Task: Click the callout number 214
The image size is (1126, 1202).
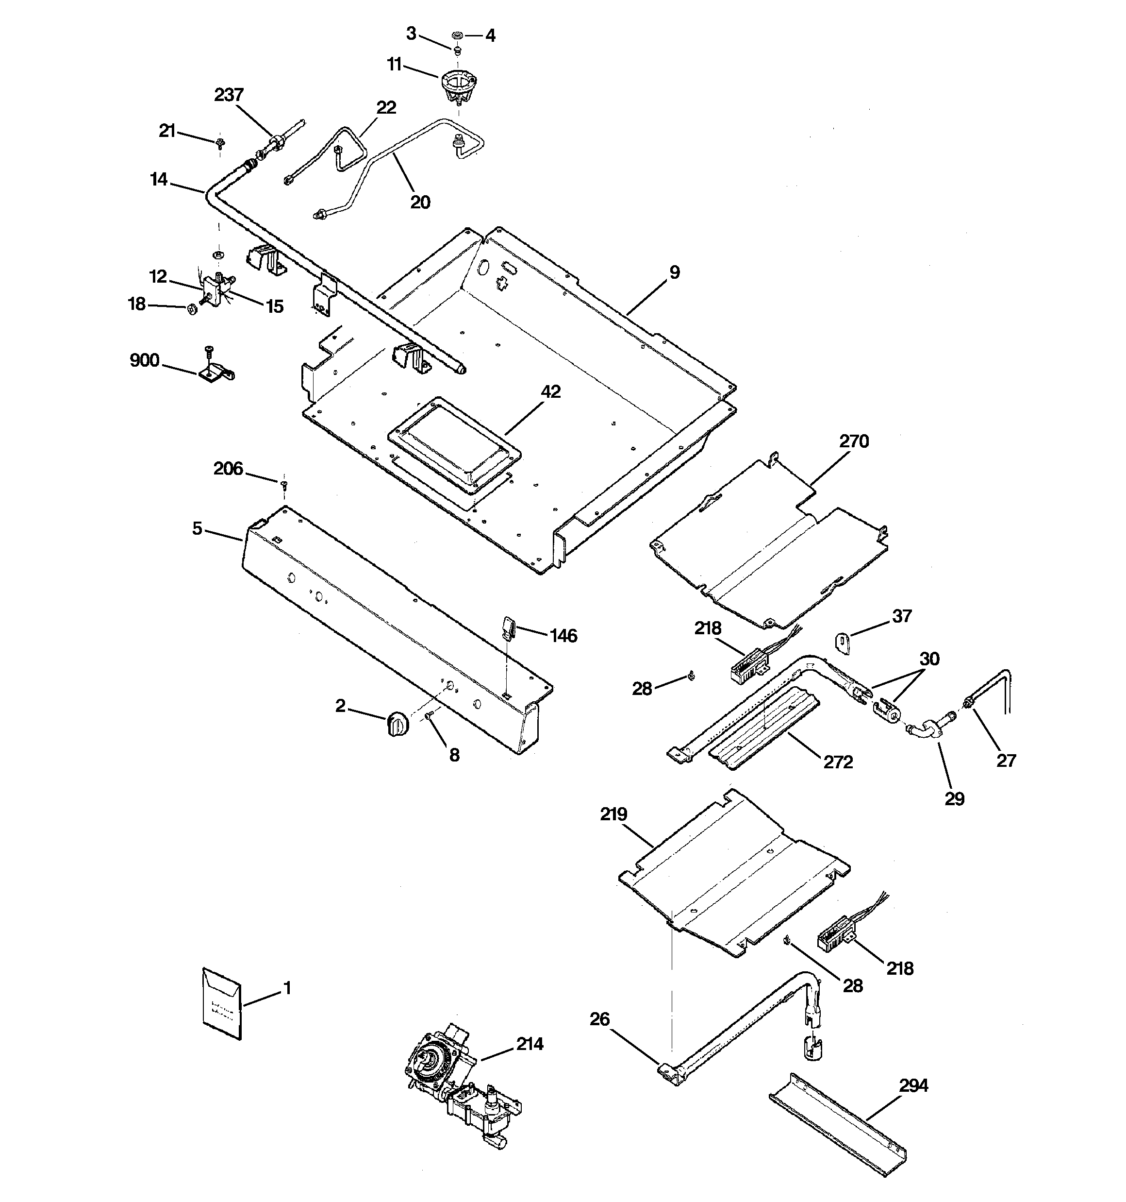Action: (x=530, y=1044)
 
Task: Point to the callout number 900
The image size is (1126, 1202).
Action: (x=145, y=360)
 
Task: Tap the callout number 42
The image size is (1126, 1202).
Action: (x=550, y=392)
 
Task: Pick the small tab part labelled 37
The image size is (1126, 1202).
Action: (x=843, y=642)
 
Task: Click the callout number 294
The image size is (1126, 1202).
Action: (x=913, y=1086)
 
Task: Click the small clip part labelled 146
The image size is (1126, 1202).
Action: (x=508, y=626)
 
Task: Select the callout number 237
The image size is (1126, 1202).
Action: (x=229, y=95)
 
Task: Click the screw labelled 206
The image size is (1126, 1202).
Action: (x=283, y=484)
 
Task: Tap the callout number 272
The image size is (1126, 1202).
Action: (x=838, y=762)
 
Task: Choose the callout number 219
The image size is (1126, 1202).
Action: (x=613, y=814)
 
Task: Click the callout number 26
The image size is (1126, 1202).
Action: (x=600, y=1019)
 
